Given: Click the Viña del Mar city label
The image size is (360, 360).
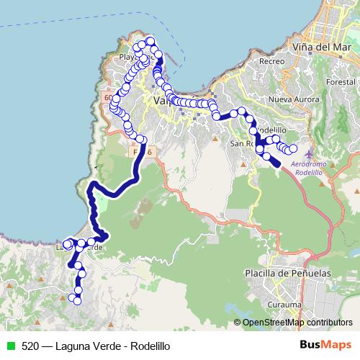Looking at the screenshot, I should point(323,47).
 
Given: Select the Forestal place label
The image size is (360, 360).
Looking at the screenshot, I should point(341,81).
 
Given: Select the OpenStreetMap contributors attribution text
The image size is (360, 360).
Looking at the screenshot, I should point(297,323).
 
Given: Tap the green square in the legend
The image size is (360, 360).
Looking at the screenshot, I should point(9,346).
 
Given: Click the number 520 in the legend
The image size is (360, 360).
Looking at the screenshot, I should point(30,346).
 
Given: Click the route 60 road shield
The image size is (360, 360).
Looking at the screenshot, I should point(108,97).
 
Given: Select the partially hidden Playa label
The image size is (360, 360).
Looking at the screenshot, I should point(130,56).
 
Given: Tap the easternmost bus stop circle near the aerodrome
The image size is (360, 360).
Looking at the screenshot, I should point(293,149).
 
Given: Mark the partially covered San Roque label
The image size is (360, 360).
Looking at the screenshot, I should point(240,143).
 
